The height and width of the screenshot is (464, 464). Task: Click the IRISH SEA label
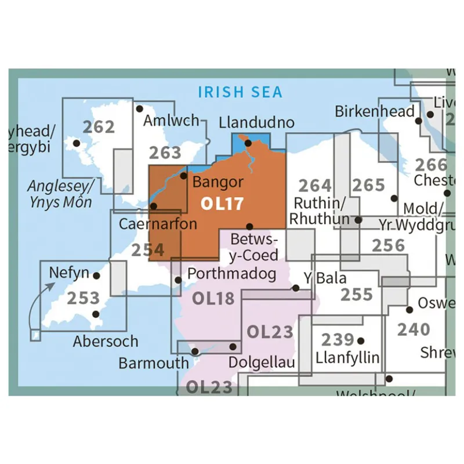tap(240, 92)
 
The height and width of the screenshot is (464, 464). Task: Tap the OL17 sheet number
tap(222, 204)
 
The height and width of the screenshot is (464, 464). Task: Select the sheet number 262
tap(99, 126)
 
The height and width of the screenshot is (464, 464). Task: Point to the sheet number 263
tap(165, 153)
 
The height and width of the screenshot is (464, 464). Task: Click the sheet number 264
tap(315, 186)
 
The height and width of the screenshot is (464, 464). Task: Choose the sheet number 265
tap(368, 185)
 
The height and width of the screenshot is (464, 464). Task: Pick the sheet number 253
tap(83, 298)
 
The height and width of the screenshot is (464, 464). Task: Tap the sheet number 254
tap(147, 250)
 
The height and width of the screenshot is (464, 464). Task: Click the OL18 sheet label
tap(213, 298)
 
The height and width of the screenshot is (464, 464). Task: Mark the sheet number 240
tap(414, 329)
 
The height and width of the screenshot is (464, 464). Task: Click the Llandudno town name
tap(257, 123)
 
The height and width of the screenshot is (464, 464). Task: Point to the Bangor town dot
tap(184, 176)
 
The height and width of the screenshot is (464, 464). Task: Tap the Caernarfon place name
tap(158, 223)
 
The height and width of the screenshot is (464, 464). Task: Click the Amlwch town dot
tap(139, 108)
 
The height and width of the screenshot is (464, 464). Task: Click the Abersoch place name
tap(106, 342)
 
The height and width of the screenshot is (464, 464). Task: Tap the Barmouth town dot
tap(195, 351)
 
